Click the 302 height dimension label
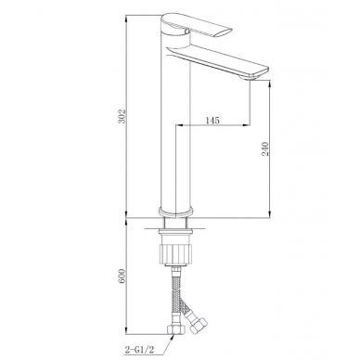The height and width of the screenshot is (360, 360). pyautogui.click(x=122, y=116)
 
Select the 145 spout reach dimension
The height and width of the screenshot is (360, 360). pyautogui.click(x=212, y=120)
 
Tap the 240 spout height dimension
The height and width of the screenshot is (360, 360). pyautogui.click(x=265, y=148)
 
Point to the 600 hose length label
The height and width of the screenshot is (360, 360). pyautogui.click(x=122, y=276)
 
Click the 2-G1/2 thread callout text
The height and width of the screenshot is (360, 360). pyautogui.click(x=139, y=350)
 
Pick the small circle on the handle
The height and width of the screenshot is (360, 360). pyautogui.click(x=186, y=31)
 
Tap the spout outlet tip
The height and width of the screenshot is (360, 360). pyautogui.click(x=248, y=79)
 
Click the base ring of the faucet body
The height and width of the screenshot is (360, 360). pyautogui.click(x=175, y=212)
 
